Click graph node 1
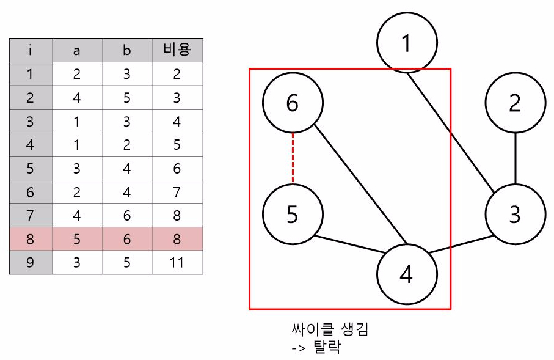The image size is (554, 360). click(x=407, y=43)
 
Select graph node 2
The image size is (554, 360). click(x=515, y=103)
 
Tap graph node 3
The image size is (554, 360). click(x=515, y=215)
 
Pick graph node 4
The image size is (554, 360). click(x=406, y=274)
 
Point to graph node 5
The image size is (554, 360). click(x=293, y=215)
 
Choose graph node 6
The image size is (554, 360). click(x=293, y=103)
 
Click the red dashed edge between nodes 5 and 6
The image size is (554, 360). click(x=293, y=159)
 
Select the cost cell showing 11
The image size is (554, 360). click(x=177, y=263)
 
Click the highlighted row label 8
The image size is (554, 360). click(x=31, y=240)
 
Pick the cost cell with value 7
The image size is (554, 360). click(x=177, y=192)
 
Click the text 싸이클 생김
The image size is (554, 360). click(x=330, y=331)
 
